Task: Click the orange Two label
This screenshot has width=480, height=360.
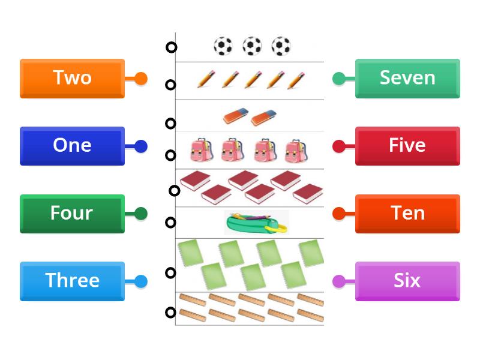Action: coord(72,78)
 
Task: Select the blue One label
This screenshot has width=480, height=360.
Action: coord(72,146)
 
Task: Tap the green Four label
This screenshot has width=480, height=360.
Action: coord(72,214)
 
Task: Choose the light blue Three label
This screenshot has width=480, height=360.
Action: coord(72,281)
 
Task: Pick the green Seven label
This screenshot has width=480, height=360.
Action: coord(407,78)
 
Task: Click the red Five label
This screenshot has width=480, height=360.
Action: coord(407,146)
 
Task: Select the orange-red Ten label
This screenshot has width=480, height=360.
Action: coord(407,214)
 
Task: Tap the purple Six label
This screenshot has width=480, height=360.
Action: coord(407,281)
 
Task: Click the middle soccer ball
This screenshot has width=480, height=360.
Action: coord(252,46)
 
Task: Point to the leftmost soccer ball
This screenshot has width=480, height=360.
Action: coord(223,46)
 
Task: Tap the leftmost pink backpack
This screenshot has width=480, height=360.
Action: coord(202,151)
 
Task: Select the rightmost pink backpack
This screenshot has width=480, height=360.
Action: coord(296,151)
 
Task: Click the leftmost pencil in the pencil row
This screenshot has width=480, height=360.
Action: coord(206,79)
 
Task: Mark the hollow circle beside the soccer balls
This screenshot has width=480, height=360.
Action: coord(171,47)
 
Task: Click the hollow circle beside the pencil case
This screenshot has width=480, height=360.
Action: coord(171,223)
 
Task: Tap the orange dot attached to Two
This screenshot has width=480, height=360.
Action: coord(141,78)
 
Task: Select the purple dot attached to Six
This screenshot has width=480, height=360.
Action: coord(339,281)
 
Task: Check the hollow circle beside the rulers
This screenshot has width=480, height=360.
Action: coord(171,312)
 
